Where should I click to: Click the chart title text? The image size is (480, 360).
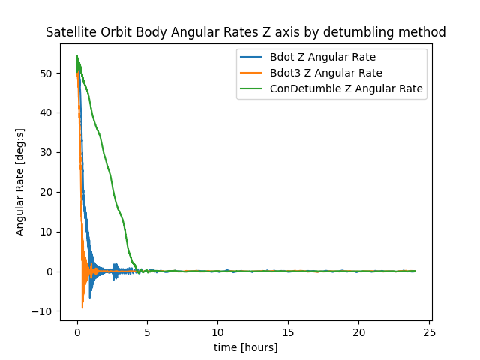[246, 32]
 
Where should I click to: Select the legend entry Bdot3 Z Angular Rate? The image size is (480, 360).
[327, 73]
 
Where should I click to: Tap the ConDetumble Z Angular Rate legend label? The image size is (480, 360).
[348, 88]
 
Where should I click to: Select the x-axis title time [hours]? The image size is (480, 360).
[246, 347]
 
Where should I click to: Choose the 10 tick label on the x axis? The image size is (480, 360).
[217, 332]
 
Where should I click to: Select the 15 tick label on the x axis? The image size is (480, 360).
[288, 332]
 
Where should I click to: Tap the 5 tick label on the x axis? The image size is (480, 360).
[147, 332]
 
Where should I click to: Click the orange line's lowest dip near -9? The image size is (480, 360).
[82, 307]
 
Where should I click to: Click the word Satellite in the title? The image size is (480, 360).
[70, 32]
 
